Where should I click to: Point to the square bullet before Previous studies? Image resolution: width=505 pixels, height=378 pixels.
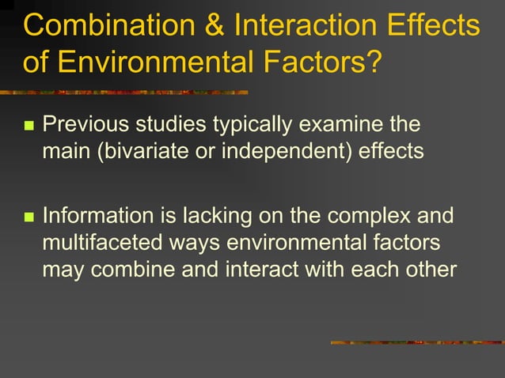(x=30, y=127)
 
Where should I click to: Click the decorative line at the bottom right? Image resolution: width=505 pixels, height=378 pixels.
(x=416, y=342)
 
